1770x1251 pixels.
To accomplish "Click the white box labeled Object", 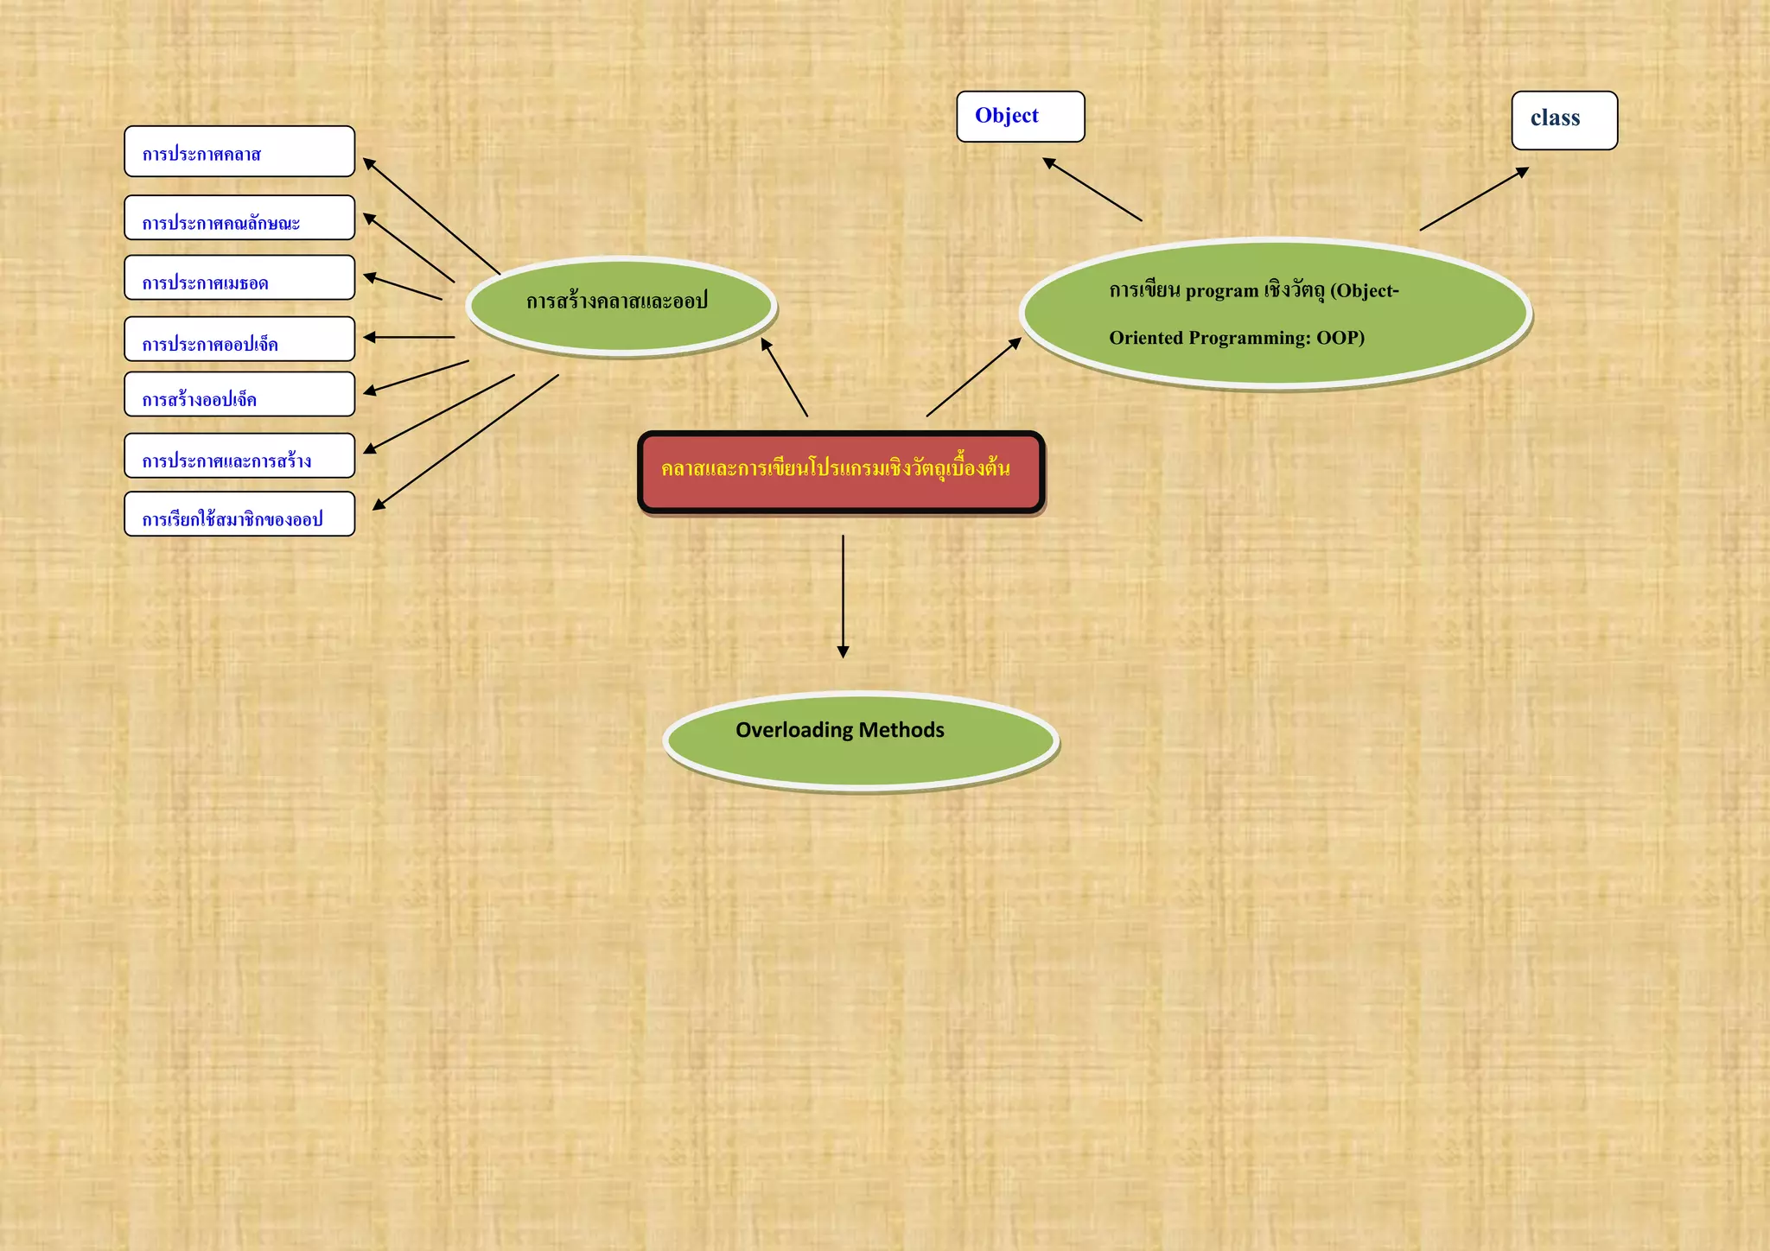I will point(1020,117).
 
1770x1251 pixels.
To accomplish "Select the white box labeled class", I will point(1563,120).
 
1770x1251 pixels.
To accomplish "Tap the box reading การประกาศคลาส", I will point(239,152).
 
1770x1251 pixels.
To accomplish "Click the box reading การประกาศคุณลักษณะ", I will point(239,218).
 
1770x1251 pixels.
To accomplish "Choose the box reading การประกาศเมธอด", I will point(239,278).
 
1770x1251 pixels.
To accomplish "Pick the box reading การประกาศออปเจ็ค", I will point(239,339).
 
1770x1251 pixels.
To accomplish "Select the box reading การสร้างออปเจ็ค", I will point(239,395).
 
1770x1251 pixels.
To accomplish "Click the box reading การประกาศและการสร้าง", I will point(239,456).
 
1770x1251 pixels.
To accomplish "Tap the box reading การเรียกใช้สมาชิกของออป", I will point(239,514).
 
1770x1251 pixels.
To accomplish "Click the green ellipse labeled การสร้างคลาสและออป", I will point(621,305).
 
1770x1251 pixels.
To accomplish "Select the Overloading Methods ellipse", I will point(861,741).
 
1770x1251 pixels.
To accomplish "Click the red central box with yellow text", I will point(841,472).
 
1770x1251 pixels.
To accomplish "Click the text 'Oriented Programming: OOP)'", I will point(1236,338).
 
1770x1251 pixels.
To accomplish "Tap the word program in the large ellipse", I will point(1221,291).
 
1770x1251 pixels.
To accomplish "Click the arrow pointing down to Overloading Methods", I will point(843,596).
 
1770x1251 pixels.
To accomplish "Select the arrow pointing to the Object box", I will point(1092,189).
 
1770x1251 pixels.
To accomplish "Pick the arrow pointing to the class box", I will point(1474,199).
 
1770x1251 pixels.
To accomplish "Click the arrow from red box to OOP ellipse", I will point(973,378).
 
